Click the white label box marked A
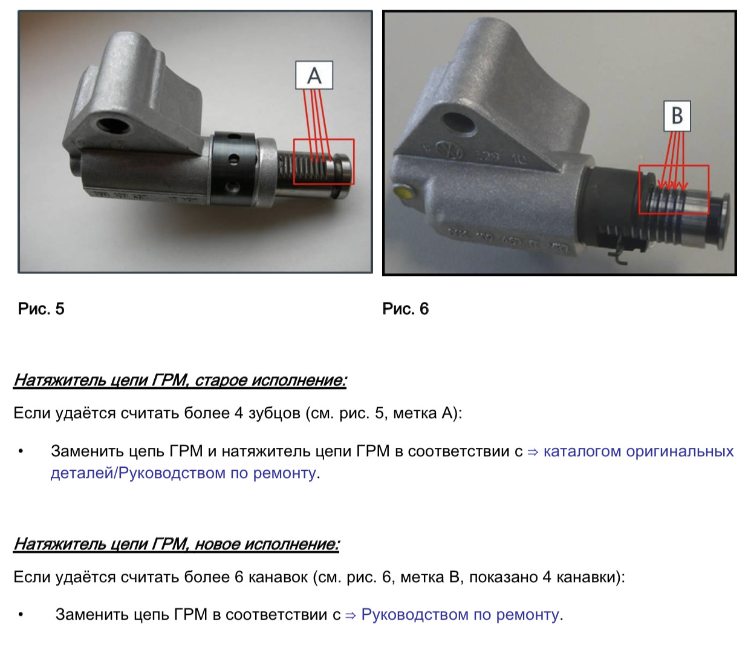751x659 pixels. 314,75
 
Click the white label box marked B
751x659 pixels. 677,116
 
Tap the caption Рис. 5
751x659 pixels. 41,309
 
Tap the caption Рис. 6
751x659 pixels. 406,309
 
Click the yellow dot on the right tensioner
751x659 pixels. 403,194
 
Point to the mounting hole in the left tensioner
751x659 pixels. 114,125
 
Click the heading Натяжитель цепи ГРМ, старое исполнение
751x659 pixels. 180,381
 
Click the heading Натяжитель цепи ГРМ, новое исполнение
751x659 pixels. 177,544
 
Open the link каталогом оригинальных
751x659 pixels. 639,451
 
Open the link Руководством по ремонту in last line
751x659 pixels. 460,614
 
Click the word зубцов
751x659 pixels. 274,413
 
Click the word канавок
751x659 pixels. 278,577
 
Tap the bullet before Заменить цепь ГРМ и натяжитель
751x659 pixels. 21,451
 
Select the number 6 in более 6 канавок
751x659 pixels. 239,577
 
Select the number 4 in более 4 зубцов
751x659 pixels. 239,413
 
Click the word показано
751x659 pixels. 503,577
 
